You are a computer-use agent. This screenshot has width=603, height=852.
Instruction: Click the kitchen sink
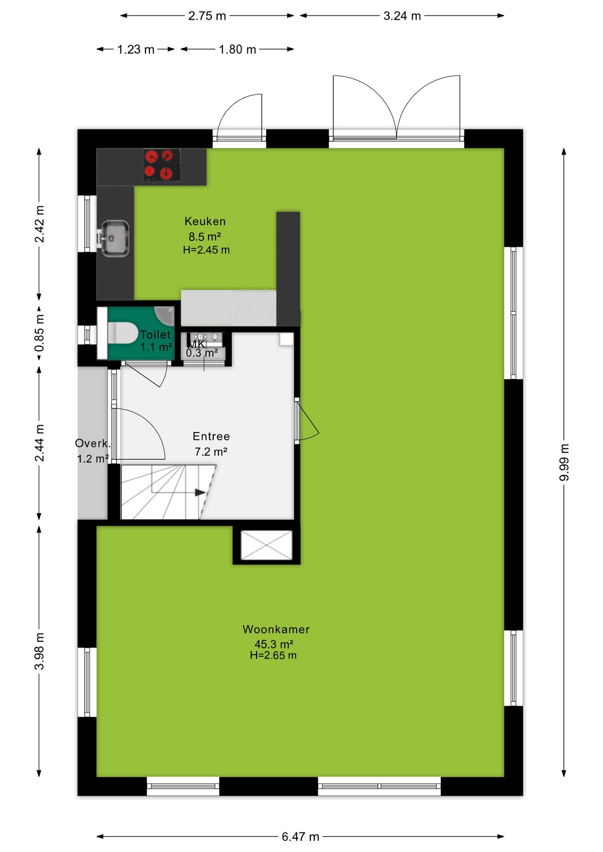(x=115, y=238)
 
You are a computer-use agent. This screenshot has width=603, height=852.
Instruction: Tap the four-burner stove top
(x=162, y=165)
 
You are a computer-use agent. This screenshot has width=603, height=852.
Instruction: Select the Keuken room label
(x=205, y=221)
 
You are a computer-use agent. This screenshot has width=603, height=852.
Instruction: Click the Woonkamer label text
(x=276, y=629)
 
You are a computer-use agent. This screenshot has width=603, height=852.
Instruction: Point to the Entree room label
(x=211, y=436)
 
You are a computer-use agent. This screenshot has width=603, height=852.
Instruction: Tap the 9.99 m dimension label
(x=564, y=462)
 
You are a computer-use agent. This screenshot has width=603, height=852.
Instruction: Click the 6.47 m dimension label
(x=301, y=836)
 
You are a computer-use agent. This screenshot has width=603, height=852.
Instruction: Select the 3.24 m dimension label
(x=402, y=16)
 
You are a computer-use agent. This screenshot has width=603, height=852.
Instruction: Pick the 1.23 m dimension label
(x=136, y=49)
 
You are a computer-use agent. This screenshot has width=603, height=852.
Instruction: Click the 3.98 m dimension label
(x=39, y=651)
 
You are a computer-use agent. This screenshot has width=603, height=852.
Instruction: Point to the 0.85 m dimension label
(x=39, y=333)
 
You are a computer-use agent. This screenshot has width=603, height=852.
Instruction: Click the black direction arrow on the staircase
(x=200, y=493)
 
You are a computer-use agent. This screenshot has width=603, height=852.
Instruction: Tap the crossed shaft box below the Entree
(x=266, y=545)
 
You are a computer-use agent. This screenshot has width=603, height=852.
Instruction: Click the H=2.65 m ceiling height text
(x=273, y=655)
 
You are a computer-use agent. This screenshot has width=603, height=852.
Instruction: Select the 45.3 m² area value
(x=274, y=644)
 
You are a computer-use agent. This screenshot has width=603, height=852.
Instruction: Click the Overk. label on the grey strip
(x=92, y=443)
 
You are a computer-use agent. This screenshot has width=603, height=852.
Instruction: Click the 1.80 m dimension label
(x=238, y=49)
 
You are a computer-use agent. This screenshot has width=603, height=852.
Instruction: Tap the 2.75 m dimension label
(x=207, y=16)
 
